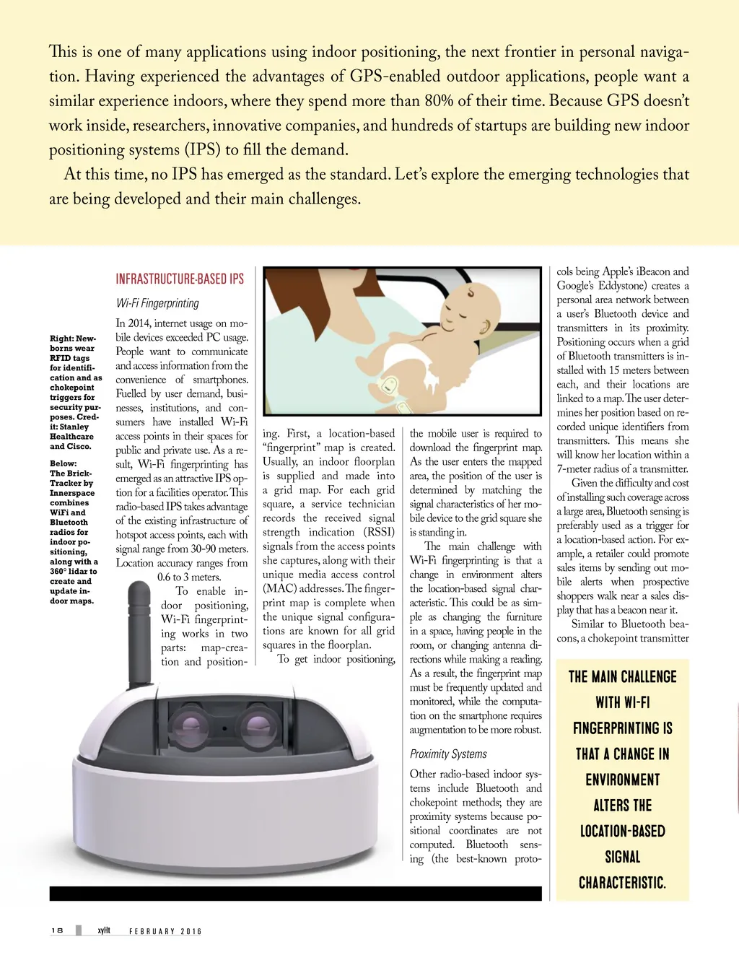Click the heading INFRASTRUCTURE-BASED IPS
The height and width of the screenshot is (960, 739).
(x=180, y=279)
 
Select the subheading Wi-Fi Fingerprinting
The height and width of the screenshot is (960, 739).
(x=157, y=303)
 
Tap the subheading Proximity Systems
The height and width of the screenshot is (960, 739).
(x=448, y=754)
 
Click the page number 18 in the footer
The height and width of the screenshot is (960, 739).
(x=57, y=930)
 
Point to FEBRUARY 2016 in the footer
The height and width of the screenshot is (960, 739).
(x=165, y=931)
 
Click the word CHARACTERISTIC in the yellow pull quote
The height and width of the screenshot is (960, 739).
(x=622, y=883)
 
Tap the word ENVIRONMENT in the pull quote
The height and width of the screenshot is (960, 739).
(x=622, y=780)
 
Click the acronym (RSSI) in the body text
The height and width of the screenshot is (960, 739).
(x=380, y=532)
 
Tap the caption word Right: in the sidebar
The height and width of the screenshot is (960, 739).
(x=61, y=339)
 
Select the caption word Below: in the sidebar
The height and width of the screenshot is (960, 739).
(x=63, y=463)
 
